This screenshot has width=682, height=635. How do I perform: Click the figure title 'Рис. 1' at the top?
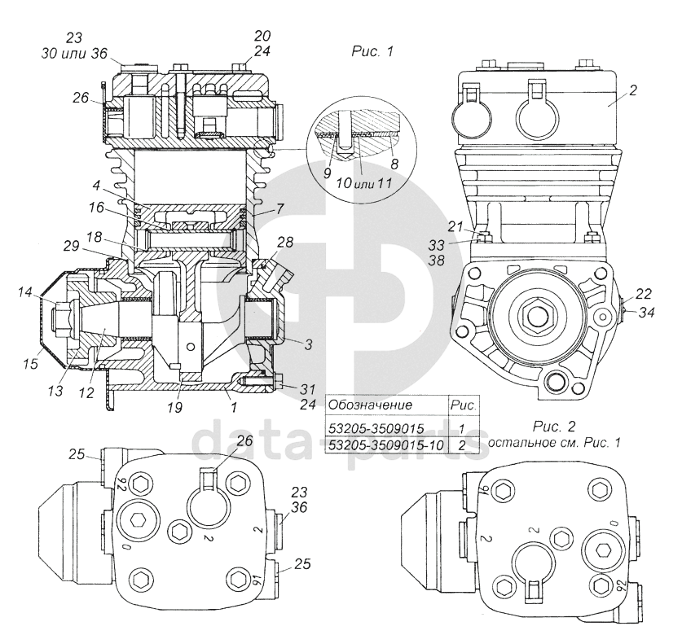tap(372, 51)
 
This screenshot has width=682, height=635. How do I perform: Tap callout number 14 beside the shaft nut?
tap(25, 292)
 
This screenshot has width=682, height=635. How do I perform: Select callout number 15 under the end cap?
tap(31, 363)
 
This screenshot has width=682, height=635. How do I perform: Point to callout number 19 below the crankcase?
tap(176, 407)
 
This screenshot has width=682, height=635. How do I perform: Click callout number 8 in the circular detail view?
tap(394, 164)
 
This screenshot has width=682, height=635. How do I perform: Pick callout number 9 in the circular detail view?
tap(327, 173)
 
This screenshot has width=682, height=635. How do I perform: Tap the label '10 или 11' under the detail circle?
tap(364, 183)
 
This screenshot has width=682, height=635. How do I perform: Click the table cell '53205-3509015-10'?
tap(385, 445)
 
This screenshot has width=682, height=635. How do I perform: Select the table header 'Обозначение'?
tap(370, 405)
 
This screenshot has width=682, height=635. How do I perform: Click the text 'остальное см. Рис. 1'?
tap(554, 442)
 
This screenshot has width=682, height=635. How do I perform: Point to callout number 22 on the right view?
tap(643, 294)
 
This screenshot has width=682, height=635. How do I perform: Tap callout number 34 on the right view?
tap(646, 312)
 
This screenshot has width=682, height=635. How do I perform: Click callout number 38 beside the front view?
tap(436, 261)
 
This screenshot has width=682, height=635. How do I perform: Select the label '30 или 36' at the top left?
tap(74, 54)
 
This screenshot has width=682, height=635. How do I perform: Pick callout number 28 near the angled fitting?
tap(284, 242)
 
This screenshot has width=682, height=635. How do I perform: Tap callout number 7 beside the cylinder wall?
tap(279, 209)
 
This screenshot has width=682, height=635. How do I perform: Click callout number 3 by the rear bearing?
tap(308, 346)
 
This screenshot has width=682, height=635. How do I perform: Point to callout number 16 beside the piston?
tap(96, 208)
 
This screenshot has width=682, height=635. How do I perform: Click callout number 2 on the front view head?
tap(633, 91)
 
